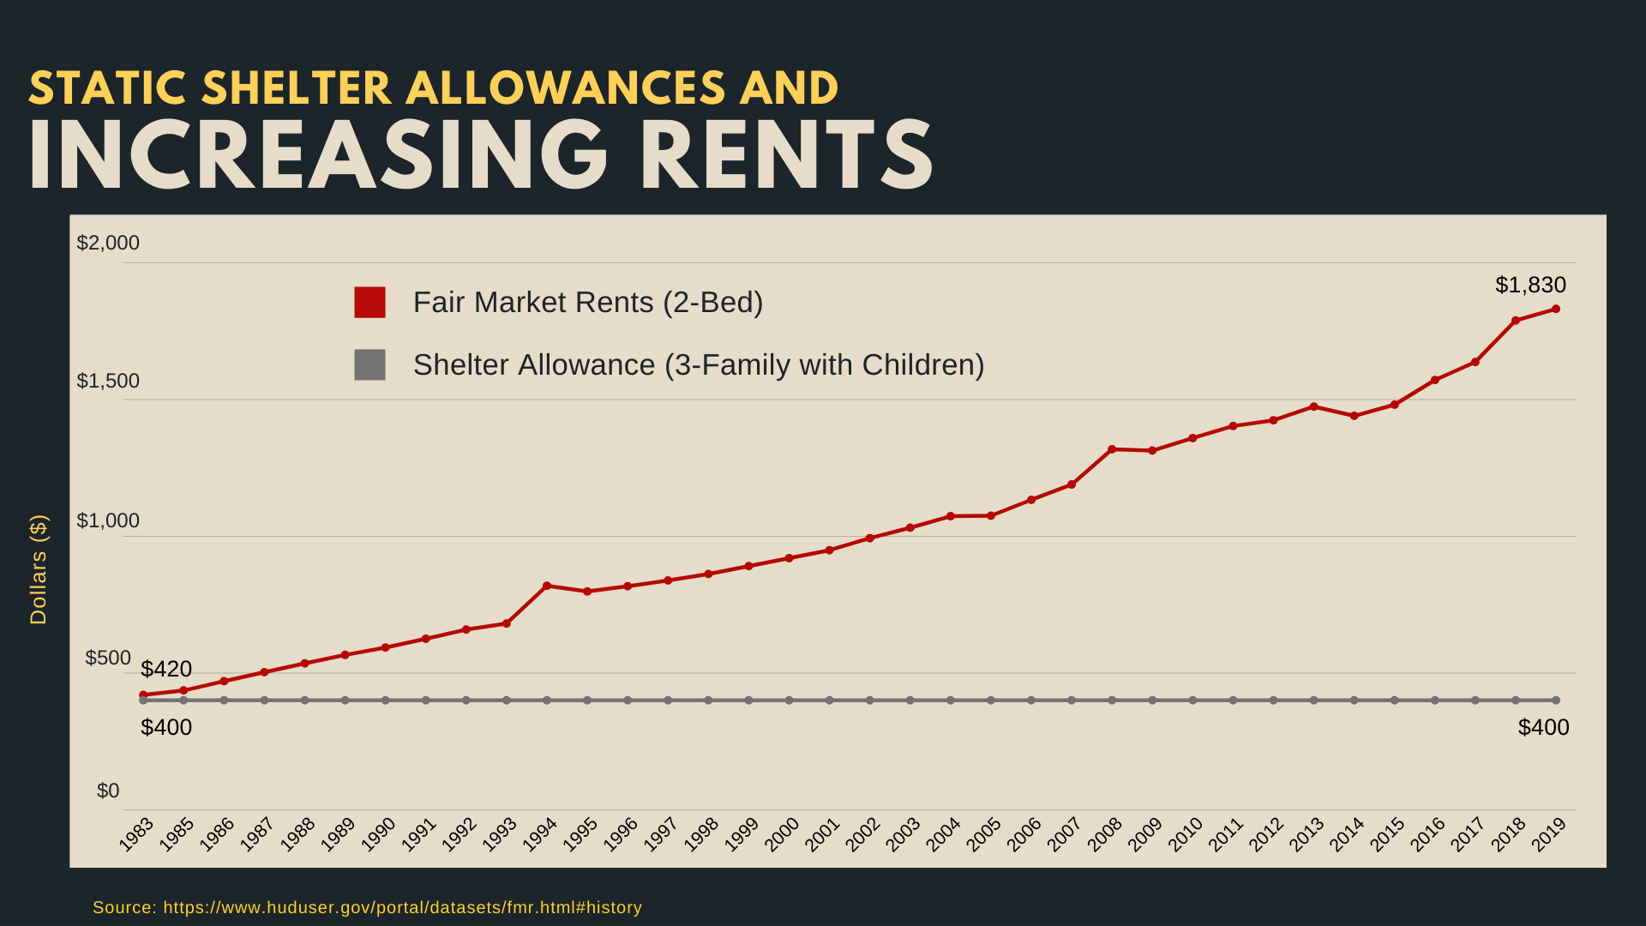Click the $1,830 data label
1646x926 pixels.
point(1530,285)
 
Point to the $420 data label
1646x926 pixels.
point(166,669)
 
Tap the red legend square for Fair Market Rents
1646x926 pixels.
point(369,303)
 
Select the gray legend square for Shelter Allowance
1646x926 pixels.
point(369,364)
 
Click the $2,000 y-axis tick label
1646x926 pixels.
point(108,243)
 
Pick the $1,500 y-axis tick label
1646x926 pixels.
point(108,381)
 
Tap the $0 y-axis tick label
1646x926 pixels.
point(108,791)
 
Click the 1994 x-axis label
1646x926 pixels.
point(540,834)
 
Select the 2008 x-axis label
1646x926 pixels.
point(1105,834)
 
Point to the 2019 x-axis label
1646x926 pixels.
point(1549,834)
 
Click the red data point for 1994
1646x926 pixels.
point(547,586)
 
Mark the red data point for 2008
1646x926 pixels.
point(1112,449)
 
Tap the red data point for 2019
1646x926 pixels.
point(1556,309)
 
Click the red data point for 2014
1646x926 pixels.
point(1355,416)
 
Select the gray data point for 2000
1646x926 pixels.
point(790,701)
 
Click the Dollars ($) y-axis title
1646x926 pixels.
point(39,569)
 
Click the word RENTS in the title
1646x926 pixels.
point(787,155)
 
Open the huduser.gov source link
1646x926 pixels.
point(402,907)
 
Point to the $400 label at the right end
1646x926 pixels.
point(1543,727)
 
